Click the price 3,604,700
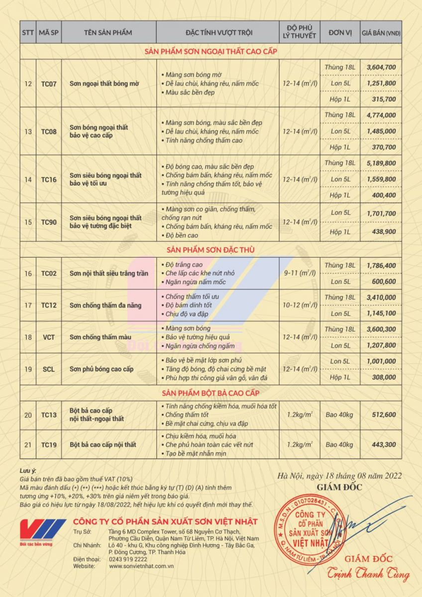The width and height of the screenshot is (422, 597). tap(381, 67)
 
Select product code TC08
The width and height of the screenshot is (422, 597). tap(49, 131)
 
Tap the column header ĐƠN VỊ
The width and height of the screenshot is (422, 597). tap(340, 33)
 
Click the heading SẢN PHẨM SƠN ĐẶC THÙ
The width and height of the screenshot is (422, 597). tap(211, 250)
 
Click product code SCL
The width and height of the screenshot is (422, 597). tap(49, 369)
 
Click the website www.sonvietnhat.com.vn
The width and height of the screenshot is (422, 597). tap(141, 566)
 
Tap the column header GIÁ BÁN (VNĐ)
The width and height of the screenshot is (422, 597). tap(381, 33)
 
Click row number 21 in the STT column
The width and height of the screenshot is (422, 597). tap(28, 445)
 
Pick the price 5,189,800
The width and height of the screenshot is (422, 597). tap(381, 163)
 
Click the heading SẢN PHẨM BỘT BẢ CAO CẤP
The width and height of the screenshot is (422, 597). tap(211, 394)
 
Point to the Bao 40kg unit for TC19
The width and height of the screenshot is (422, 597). tap(340, 445)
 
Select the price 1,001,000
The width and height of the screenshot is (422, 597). tap(381, 361)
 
